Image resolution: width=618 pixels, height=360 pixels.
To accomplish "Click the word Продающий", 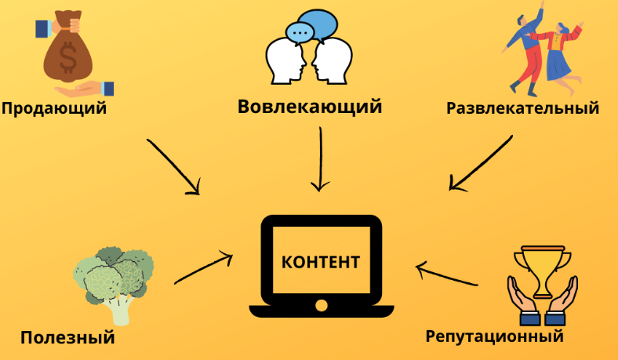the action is tap(53, 108).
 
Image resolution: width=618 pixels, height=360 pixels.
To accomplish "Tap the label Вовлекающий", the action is tap(310, 106).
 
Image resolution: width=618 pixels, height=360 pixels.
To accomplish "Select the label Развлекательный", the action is tap(522, 108).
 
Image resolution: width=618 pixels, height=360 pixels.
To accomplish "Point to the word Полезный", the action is tap(67, 337).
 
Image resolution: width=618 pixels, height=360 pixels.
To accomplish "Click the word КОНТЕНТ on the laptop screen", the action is tap(321, 261).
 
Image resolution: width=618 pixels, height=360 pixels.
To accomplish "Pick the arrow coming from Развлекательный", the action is tap(481, 163).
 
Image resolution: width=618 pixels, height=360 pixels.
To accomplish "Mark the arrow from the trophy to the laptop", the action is tap(446, 275).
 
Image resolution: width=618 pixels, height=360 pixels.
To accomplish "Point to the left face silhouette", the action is tap(284, 62).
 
